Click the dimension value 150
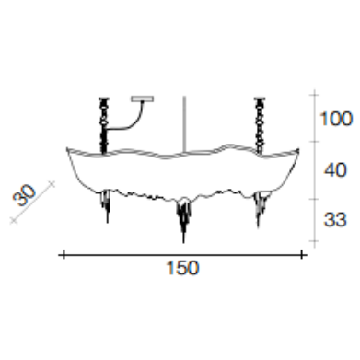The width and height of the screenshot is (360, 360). pos(182,268)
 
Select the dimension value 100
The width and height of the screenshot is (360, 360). pos(336,119)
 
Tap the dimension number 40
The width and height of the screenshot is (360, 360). pos(335,169)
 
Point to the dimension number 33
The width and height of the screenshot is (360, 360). pos(335,220)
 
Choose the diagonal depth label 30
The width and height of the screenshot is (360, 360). pos(24,195)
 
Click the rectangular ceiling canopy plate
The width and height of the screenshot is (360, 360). pos(143,99)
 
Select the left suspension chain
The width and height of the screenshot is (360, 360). pos(103,125)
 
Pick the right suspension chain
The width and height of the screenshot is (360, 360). pos(260,126)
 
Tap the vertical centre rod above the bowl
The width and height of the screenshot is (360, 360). pos(184,124)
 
